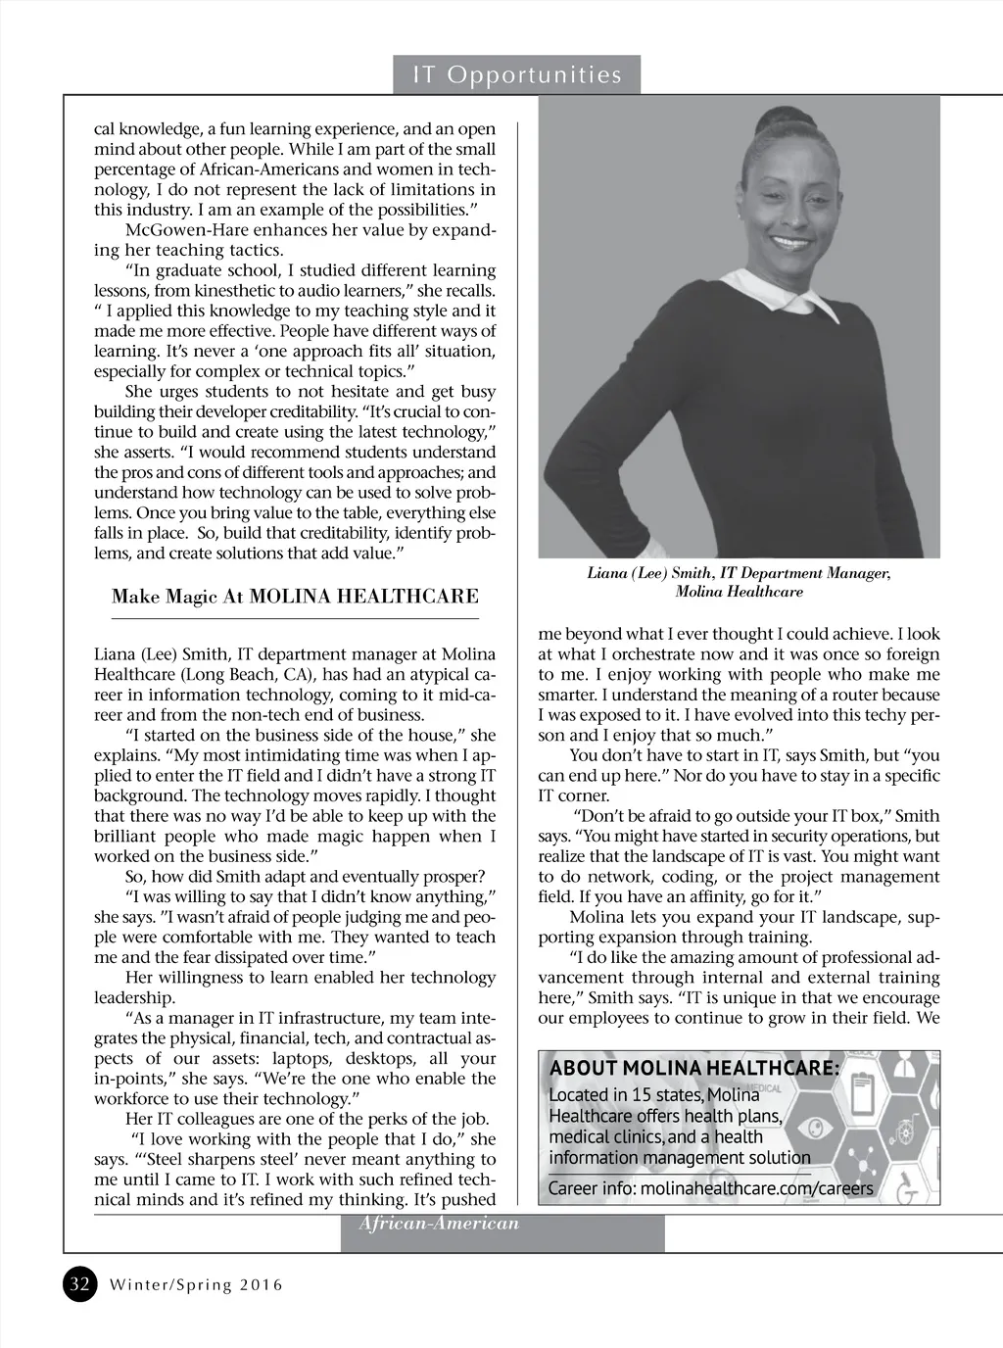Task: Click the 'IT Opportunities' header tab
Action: coord(517,75)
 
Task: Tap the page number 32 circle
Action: coord(80,1284)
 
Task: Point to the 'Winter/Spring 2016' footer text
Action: coord(196,1285)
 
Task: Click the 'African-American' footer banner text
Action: coord(438,1224)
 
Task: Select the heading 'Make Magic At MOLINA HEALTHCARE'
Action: coord(295,597)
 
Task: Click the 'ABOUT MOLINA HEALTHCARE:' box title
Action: coord(694,1068)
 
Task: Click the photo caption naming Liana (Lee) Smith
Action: coord(739,582)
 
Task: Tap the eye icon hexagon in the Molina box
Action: coord(812,1128)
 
